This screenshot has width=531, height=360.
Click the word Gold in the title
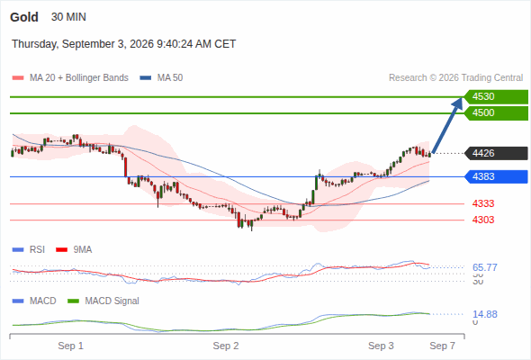tap(24, 17)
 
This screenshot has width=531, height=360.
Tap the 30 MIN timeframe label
tap(68, 17)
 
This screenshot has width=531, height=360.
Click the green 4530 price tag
tap(496, 97)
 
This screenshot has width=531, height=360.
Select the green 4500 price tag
tap(496, 113)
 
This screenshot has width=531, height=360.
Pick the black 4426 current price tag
tap(496, 153)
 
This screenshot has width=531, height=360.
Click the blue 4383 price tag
tap(496, 176)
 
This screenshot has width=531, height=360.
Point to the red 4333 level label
tap(483, 204)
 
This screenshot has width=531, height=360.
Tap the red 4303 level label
tap(483, 220)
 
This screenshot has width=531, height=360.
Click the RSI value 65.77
tap(485, 267)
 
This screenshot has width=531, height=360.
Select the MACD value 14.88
tap(485, 314)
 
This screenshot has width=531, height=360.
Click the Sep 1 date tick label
tap(70, 346)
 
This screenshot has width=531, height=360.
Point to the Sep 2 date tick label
tap(226, 346)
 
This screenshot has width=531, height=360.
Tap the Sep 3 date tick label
tap(381, 346)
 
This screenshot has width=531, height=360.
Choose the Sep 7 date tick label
tap(442, 346)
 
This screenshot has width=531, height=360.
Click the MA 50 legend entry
tap(161, 78)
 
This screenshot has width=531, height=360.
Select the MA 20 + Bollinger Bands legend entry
tap(70, 78)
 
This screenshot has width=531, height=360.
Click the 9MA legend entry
tap(74, 250)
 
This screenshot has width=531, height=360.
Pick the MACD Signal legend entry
tap(103, 301)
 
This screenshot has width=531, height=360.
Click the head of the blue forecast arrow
tap(458, 102)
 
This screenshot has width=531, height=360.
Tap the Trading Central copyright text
tap(455, 78)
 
